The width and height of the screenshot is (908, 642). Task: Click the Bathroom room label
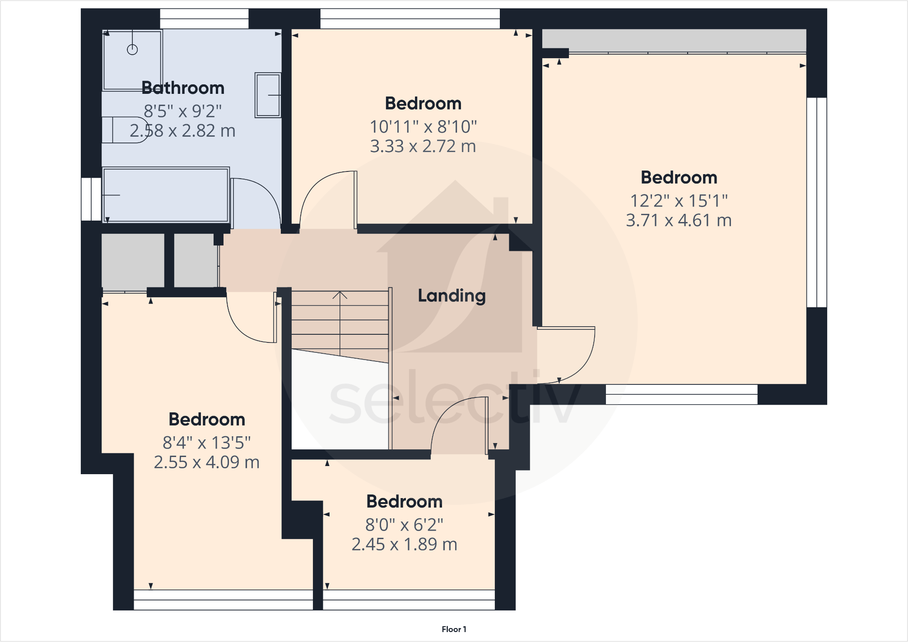coord(182,88)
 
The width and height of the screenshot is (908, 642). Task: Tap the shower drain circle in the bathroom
coord(132,50)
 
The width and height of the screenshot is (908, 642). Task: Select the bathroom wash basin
coord(268,95)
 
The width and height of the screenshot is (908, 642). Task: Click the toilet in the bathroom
coord(125,130)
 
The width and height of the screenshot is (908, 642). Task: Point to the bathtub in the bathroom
coord(166,195)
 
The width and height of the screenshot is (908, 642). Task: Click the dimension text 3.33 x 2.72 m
coord(423,147)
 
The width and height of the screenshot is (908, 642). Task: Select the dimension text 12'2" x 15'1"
coord(679,201)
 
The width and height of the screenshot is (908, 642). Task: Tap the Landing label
coord(452,296)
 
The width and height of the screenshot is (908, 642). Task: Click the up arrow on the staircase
coord(340,296)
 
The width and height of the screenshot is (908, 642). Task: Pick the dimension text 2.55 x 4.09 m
coord(206,462)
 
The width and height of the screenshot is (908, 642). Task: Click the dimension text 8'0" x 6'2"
coord(404,525)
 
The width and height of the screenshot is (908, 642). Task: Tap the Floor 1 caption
coord(454,629)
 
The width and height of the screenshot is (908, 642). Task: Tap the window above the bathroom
coord(204,18)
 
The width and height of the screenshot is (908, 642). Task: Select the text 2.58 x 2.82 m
coord(182,131)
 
